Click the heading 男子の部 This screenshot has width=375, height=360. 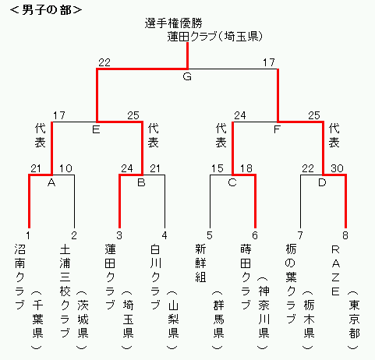(46, 10)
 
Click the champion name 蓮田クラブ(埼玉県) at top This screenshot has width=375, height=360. (214, 37)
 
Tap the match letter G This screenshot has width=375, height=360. (187, 76)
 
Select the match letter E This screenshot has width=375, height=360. (96, 129)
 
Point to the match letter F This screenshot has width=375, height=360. (277, 129)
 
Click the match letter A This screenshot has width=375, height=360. (51, 183)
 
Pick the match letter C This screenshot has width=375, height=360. (232, 182)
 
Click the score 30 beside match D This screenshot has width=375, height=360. (337, 168)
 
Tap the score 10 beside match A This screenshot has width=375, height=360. (65, 168)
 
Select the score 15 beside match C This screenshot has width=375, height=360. (218, 168)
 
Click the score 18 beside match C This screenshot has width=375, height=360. (246, 168)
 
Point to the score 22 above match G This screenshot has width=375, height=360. (104, 62)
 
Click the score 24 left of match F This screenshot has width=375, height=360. (240, 115)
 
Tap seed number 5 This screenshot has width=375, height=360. (210, 235)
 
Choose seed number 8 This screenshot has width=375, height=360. (345, 235)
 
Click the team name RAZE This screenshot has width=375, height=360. (335, 270)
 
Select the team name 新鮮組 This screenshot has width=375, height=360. (200, 263)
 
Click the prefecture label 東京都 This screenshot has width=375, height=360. (354, 319)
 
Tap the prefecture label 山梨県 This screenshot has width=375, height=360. (173, 319)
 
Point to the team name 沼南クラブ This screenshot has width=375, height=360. (20, 277)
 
